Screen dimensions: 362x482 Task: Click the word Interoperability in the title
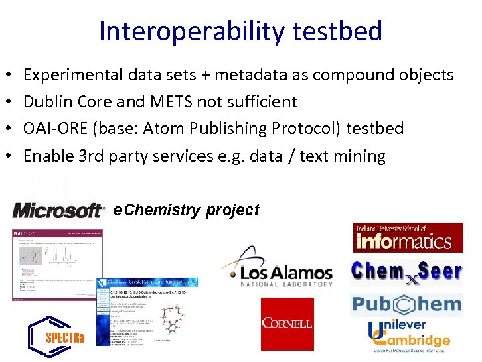(x=173, y=32)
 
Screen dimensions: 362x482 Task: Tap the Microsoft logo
(x=59, y=210)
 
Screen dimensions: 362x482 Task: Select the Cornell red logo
(x=287, y=324)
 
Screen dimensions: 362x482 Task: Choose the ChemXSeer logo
(x=406, y=272)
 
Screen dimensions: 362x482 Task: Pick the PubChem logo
(x=406, y=304)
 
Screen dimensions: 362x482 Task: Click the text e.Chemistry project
(x=187, y=210)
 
